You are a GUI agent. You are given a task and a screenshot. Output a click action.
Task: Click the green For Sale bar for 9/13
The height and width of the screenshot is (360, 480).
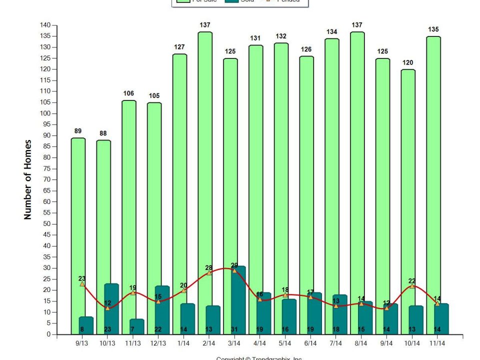coord(77,210)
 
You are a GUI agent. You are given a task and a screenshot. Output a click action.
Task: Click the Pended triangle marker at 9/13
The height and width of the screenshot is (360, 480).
coord(82,283)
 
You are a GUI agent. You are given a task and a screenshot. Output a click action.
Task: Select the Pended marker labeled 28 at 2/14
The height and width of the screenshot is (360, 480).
coord(209,272)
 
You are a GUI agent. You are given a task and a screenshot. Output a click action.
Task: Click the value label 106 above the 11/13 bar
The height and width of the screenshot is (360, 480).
coord(128,93)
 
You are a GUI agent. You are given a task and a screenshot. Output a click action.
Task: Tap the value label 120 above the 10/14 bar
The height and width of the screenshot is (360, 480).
coord(408,62)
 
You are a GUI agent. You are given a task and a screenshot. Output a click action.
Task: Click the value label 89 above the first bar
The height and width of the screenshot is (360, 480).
coord(77,131)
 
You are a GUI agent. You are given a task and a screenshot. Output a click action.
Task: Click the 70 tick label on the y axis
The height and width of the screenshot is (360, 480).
coord(47,179)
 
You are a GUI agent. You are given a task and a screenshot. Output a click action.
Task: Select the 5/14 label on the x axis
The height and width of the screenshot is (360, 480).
coord(285,344)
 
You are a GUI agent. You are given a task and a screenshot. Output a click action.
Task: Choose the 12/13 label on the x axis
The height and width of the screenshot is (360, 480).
coord(158,344)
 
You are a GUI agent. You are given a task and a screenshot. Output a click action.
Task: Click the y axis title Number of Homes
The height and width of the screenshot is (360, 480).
coord(28,179)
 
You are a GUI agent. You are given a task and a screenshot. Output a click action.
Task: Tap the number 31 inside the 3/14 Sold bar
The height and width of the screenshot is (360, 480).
coord(234,329)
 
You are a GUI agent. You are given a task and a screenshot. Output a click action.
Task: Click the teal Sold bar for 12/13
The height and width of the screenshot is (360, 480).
coord(162,310)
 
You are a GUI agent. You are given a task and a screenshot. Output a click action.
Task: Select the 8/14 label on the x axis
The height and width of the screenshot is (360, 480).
coord(361,344)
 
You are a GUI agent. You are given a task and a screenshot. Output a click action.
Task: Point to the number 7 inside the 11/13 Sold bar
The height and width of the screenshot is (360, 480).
coord(132,329)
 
